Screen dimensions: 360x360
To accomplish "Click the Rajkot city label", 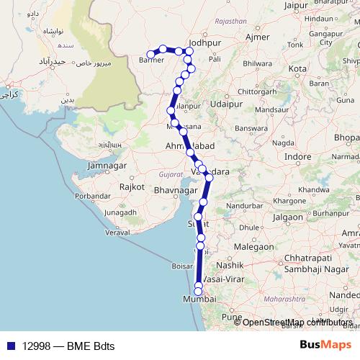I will coord(132,186).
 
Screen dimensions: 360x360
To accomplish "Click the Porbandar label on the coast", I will coord(92,195).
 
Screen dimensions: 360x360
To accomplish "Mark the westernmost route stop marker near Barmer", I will coord(150,54).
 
